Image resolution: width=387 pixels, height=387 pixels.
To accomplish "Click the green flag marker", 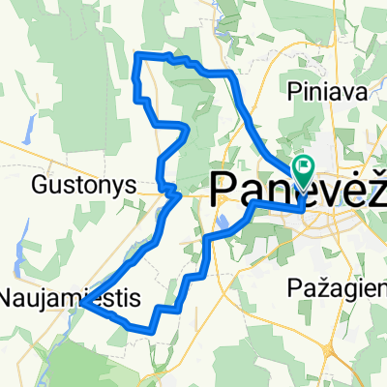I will click(x=304, y=170).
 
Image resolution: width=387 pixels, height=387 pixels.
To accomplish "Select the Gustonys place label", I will click(x=74, y=182).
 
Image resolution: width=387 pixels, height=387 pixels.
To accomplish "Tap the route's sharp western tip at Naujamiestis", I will click(x=81, y=304).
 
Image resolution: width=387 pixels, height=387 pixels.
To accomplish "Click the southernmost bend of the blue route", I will click(x=153, y=330).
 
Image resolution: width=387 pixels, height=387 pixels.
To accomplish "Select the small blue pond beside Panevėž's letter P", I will click(x=223, y=221).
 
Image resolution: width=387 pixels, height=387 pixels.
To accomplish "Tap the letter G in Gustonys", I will click(x=40, y=182).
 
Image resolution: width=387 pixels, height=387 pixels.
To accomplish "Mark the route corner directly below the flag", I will click(x=303, y=206).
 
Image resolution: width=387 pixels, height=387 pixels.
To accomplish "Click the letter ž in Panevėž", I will click(x=375, y=184).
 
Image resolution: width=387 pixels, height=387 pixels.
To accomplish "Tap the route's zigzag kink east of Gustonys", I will click(x=170, y=192).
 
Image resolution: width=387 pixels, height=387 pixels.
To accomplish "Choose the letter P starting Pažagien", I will click(x=296, y=287).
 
